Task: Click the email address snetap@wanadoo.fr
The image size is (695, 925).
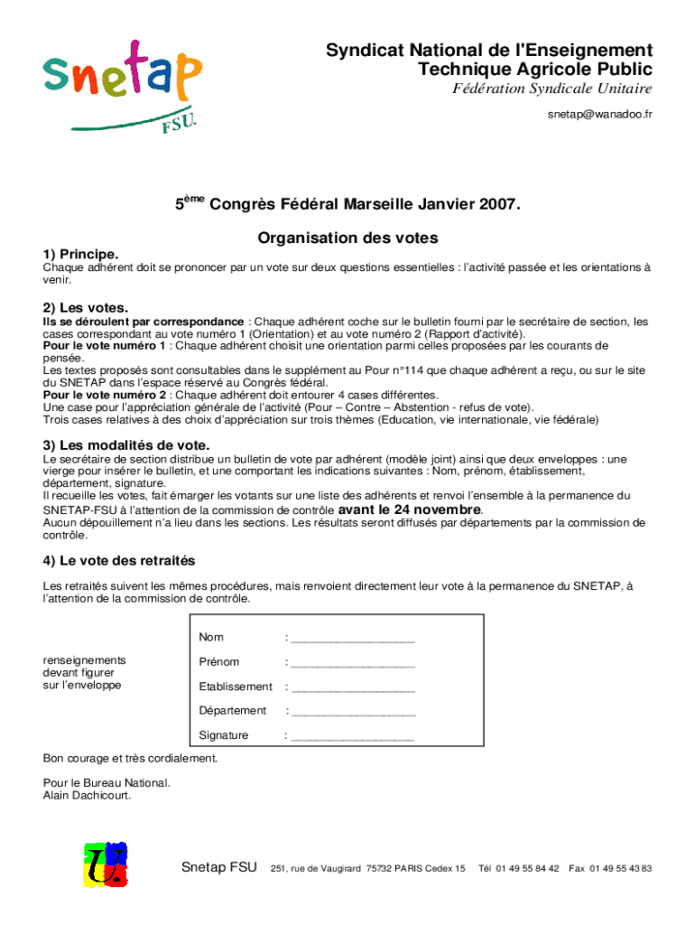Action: point(599,116)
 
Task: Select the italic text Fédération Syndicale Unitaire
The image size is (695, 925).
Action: point(551,89)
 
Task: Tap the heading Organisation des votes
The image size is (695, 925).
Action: point(347,238)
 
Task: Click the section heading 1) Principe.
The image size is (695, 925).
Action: point(81,255)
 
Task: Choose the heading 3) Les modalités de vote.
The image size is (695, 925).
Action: point(126,445)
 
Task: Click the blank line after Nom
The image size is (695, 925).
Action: point(353,640)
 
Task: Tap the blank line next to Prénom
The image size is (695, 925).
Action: point(353,664)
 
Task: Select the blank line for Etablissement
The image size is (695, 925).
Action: point(353,688)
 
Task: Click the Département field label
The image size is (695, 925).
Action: point(233,711)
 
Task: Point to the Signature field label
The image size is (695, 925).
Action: point(224,735)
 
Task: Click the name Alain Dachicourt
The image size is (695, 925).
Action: point(87,796)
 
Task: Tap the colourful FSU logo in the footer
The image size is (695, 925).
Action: point(105,865)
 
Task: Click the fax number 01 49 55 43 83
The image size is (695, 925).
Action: point(621,869)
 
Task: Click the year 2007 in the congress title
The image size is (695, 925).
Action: point(499,204)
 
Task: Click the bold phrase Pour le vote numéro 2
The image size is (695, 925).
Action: point(105,395)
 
